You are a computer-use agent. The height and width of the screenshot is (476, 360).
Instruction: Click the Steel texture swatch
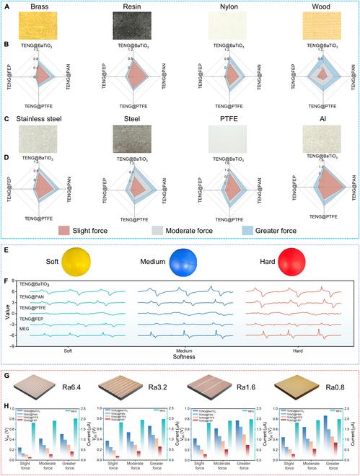tap(133, 138)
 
